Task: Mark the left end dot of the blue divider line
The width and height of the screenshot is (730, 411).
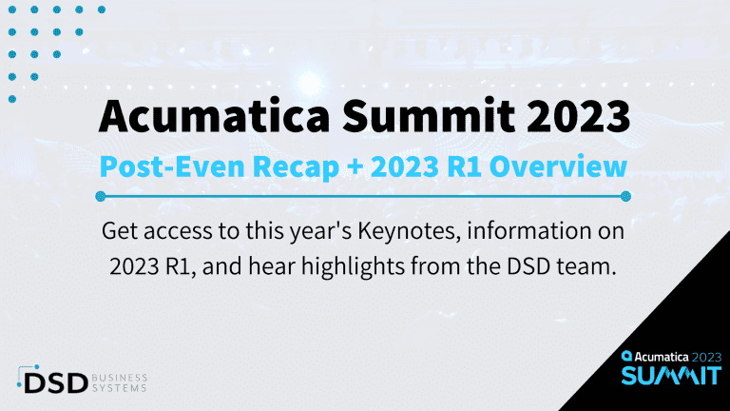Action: [x=103, y=196]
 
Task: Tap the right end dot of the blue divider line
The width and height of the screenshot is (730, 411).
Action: [x=624, y=196]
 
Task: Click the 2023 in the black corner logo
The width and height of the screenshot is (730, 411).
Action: [x=703, y=356]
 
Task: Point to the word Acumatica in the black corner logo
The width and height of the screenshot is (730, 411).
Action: [x=657, y=356]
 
